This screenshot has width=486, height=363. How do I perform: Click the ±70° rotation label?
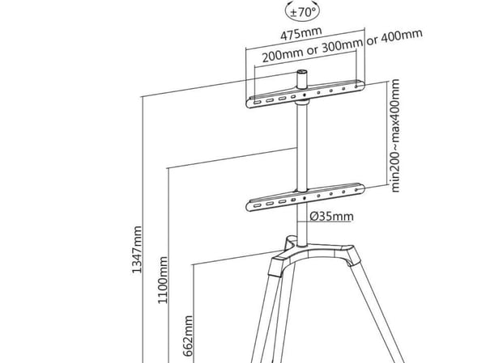pyautogui.click(x=302, y=12)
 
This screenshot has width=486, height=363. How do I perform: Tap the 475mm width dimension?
pyautogui.click(x=301, y=33)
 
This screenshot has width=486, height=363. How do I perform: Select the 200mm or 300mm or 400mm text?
pyautogui.click(x=342, y=46)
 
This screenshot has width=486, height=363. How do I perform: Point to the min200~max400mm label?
pyautogui.click(x=395, y=136)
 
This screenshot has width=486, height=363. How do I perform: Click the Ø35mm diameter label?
pyautogui.click(x=331, y=217)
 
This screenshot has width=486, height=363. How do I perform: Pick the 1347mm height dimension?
pyautogui.click(x=137, y=250)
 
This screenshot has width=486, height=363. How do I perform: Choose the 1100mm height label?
pyautogui.click(x=163, y=280)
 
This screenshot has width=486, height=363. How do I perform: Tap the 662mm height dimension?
pyautogui.click(x=188, y=336)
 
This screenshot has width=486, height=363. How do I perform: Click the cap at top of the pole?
pyautogui.click(x=302, y=79)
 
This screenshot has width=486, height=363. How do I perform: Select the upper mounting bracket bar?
pyautogui.click(x=305, y=95)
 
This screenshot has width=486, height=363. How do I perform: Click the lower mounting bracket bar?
pyautogui.click(x=305, y=197)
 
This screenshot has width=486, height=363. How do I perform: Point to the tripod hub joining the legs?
pyautogui.click(x=313, y=251)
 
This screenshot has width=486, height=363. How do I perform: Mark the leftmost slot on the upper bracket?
pyautogui.click(x=257, y=103)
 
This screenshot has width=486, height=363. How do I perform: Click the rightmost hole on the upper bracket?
pyautogui.click(x=356, y=87)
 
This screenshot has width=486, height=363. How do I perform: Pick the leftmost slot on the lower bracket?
pyautogui.click(x=257, y=205)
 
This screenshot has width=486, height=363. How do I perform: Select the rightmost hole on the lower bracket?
pyautogui.click(x=356, y=190)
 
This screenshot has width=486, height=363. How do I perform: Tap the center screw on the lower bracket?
pyautogui.click(x=305, y=197)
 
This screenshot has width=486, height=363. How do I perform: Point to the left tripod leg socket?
pyautogui.click(x=275, y=267)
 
